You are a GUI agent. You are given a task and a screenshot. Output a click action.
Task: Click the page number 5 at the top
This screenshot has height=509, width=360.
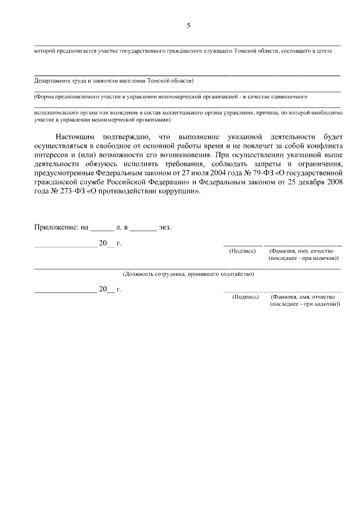click(188, 25)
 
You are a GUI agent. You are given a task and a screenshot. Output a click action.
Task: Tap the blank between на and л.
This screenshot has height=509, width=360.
click(102, 228)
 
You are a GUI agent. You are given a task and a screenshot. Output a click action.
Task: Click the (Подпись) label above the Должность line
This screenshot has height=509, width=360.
click(243, 251)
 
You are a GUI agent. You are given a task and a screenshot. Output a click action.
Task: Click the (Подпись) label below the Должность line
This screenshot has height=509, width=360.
click(245, 296)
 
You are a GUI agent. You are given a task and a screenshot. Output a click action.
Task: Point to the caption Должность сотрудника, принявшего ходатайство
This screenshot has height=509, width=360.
click(188, 274)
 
